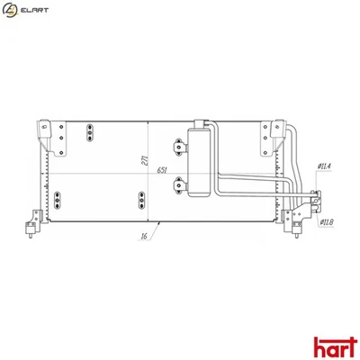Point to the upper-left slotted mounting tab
[90, 134]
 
